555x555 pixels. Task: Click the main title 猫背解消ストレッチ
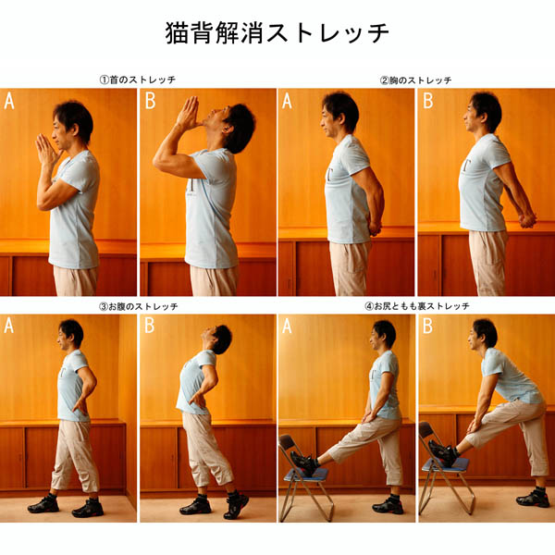click(x=277, y=33)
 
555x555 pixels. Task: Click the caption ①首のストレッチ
click(x=138, y=80)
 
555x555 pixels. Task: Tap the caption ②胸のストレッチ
click(x=416, y=80)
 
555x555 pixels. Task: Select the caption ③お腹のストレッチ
click(x=139, y=306)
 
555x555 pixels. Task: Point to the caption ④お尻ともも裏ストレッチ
click(x=417, y=306)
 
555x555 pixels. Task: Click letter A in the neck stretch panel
click(x=9, y=101)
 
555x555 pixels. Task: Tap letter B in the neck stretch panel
click(x=150, y=101)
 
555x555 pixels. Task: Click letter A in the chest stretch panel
click(x=287, y=101)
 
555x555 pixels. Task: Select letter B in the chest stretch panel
click(x=428, y=101)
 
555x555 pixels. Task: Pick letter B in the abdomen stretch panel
click(x=149, y=326)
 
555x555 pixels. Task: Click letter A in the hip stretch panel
click(x=287, y=326)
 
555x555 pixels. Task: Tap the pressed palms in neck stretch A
click(x=45, y=150)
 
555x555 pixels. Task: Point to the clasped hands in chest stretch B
click(x=525, y=219)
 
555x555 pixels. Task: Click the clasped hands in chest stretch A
click(x=373, y=225)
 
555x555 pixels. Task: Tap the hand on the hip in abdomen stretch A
click(x=80, y=406)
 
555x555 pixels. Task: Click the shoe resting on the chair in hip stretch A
click(x=303, y=462)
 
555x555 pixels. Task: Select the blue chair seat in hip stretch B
click(x=445, y=464)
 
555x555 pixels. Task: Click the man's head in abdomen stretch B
click(x=217, y=339)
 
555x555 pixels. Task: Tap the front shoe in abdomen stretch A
click(x=43, y=505)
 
